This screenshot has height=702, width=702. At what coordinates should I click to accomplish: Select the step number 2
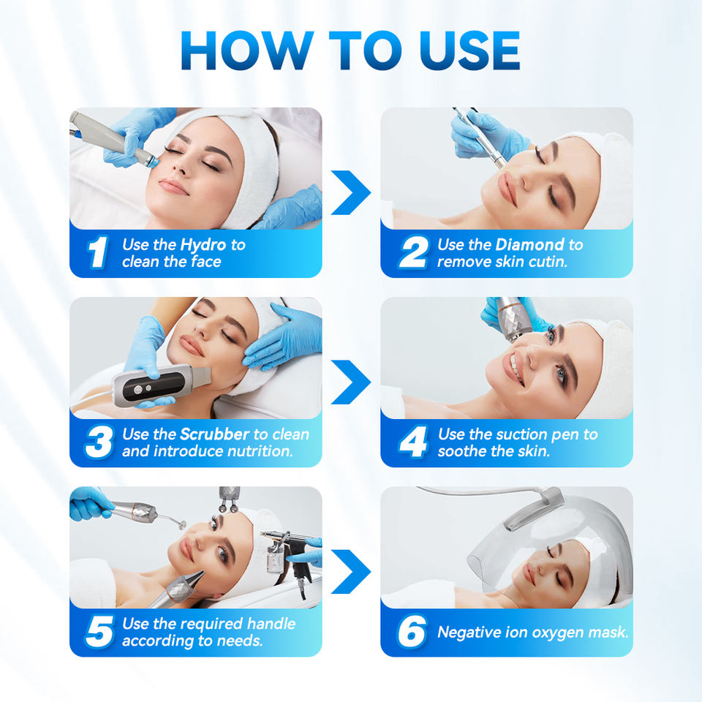(412, 253)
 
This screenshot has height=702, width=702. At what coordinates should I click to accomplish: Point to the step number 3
(97, 442)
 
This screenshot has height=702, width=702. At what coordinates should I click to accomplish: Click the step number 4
(412, 442)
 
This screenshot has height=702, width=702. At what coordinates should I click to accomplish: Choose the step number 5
(98, 632)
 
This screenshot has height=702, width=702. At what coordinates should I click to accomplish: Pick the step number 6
(412, 632)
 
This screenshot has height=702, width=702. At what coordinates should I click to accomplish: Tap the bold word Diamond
(529, 245)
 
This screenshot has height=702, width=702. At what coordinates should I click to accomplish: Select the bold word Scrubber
(215, 434)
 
